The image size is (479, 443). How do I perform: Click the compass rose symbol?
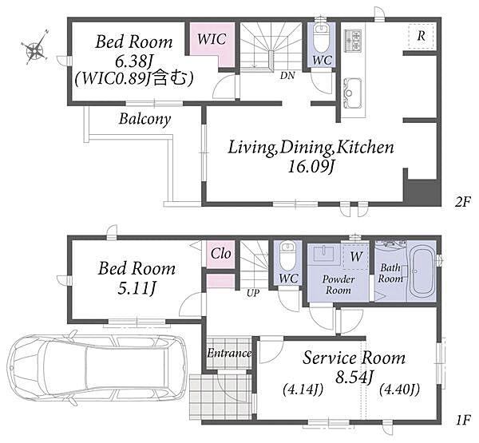[x=34, y=47]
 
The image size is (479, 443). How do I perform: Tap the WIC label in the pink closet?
[x=212, y=39]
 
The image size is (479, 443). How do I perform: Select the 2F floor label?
[x=462, y=201]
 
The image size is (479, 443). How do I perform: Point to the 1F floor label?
[x=462, y=421]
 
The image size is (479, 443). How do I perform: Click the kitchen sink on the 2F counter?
[x=353, y=93]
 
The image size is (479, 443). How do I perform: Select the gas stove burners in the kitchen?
[x=354, y=41]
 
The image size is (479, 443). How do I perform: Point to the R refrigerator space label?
[x=421, y=36]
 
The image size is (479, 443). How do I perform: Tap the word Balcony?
[x=144, y=119]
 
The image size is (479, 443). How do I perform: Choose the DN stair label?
[x=287, y=76]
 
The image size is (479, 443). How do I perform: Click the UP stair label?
[x=253, y=293]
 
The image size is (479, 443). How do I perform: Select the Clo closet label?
[x=220, y=253]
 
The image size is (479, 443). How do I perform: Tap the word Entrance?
[x=229, y=353]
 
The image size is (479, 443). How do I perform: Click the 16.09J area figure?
[x=310, y=167]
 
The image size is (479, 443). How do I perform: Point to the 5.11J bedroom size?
[x=137, y=287]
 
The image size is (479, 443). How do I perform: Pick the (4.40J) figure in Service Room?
[x=399, y=390]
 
